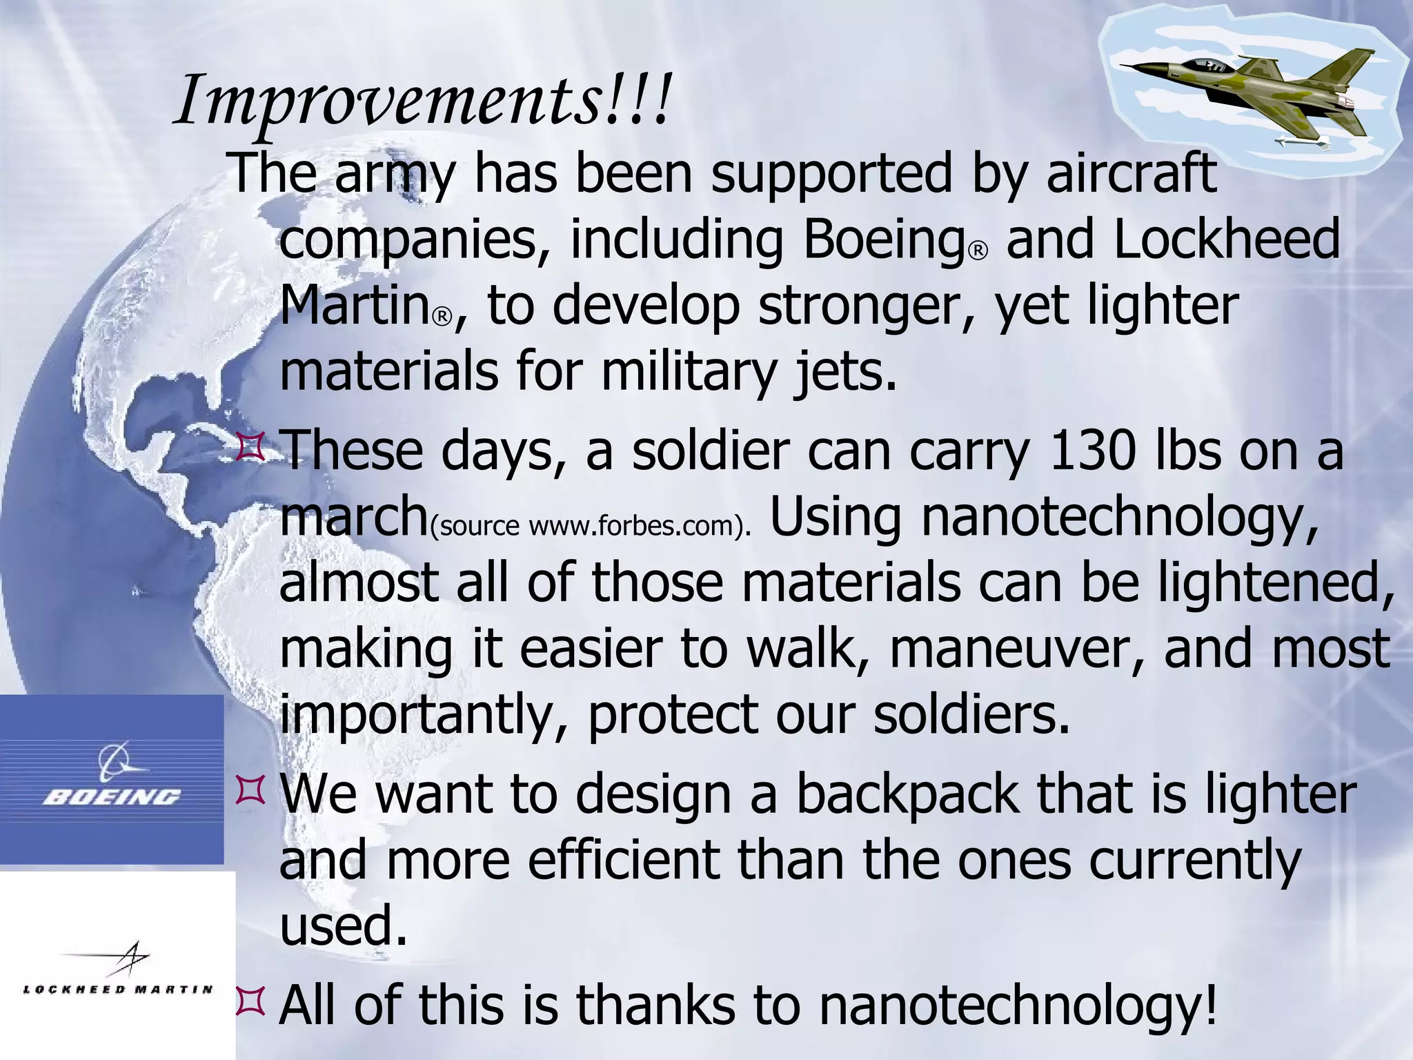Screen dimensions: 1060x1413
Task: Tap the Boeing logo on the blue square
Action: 112,780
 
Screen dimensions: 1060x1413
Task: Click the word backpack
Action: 907,794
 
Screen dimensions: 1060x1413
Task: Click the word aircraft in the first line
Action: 1131,173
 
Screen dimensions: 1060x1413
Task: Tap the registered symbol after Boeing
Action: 978,251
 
